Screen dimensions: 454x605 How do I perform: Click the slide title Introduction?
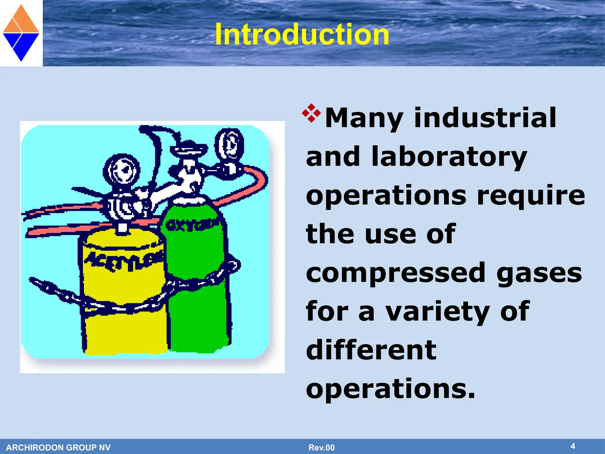(x=302, y=35)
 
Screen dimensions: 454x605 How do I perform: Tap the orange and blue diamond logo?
(x=21, y=33)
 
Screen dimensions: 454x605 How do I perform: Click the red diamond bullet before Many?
(x=311, y=113)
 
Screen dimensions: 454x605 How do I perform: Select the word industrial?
(x=485, y=118)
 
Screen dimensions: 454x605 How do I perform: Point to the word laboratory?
(x=449, y=157)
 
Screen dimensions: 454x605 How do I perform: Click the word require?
(x=531, y=195)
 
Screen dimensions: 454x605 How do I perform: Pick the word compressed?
(x=396, y=273)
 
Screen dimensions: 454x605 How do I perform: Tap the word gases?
(x=539, y=273)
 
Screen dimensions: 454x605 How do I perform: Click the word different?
(x=371, y=350)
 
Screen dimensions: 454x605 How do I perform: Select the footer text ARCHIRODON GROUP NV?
(x=58, y=447)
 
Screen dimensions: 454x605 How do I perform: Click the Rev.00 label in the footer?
(x=321, y=447)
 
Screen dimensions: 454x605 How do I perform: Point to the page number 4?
(x=573, y=446)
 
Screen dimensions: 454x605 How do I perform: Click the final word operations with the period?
(x=391, y=389)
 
